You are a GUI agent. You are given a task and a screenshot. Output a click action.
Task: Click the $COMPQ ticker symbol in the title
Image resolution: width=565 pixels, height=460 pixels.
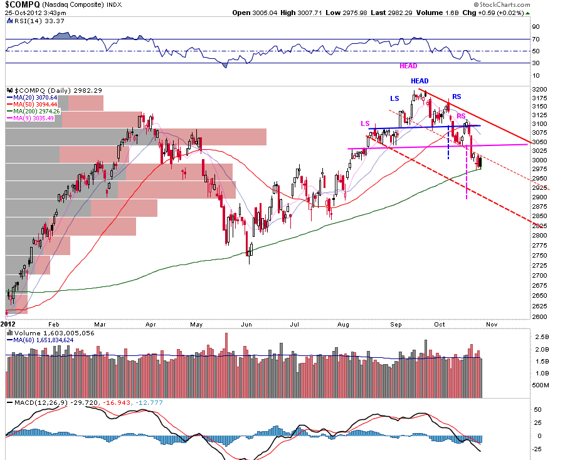point(23,4)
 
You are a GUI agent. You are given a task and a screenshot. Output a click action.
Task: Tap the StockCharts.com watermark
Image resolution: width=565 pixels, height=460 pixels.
point(502,4)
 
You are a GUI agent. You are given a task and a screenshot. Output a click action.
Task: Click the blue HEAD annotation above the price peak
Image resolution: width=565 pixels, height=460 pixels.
point(420,81)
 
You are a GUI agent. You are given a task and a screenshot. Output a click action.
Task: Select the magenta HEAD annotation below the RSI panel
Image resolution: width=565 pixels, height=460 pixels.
point(408,66)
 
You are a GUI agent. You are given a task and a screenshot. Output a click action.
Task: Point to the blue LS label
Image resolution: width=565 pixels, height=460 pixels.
point(394,98)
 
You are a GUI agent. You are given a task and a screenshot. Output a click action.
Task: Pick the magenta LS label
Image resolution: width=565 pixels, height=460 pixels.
point(365,123)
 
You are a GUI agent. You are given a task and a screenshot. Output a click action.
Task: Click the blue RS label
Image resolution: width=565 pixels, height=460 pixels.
point(457,97)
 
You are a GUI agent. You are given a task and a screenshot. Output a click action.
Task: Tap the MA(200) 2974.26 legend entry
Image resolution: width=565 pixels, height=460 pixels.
point(35,112)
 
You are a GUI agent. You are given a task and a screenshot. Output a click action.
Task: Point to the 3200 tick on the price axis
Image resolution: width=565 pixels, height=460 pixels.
point(539,90)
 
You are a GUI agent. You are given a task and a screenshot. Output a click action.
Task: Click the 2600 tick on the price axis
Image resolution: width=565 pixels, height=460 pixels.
point(539,317)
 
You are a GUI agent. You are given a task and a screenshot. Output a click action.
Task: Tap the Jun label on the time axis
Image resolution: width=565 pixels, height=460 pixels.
point(246,325)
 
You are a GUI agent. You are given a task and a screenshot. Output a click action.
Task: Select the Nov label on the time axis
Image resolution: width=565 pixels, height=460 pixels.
point(492,325)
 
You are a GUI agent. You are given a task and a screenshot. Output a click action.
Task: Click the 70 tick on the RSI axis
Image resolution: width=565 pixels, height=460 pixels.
point(536,39)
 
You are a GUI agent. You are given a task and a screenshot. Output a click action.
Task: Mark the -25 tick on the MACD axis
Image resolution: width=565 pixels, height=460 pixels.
point(537,449)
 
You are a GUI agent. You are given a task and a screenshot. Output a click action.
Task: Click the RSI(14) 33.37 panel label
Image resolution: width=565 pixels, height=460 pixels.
point(40,21)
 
